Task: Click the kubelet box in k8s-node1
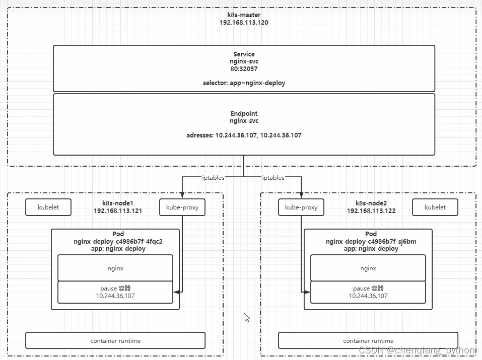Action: [48, 207]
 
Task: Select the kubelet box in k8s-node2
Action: [435, 207]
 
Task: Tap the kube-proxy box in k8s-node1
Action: [182, 207]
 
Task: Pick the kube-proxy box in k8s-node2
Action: [301, 207]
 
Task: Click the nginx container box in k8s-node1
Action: [115, 268]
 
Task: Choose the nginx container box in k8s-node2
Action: [368, 268]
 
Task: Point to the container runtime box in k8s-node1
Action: [115, 340]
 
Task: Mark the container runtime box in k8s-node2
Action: [368, 340]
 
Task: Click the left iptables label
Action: [214, 177]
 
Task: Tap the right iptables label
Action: [273, 177]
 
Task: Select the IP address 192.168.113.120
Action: [244, 23]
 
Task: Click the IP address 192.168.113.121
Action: [117, 211]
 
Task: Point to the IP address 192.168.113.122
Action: [371, 211]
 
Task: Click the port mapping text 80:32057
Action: [244, 68]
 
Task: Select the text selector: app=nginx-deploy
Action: [244, 83]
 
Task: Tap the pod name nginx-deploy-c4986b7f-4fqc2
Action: [118, 241]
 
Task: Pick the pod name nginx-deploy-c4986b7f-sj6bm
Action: [371, 241]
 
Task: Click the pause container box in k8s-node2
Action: [368, 292]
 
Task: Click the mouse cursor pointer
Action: [246, 317]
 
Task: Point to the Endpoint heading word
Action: [244, 114]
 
